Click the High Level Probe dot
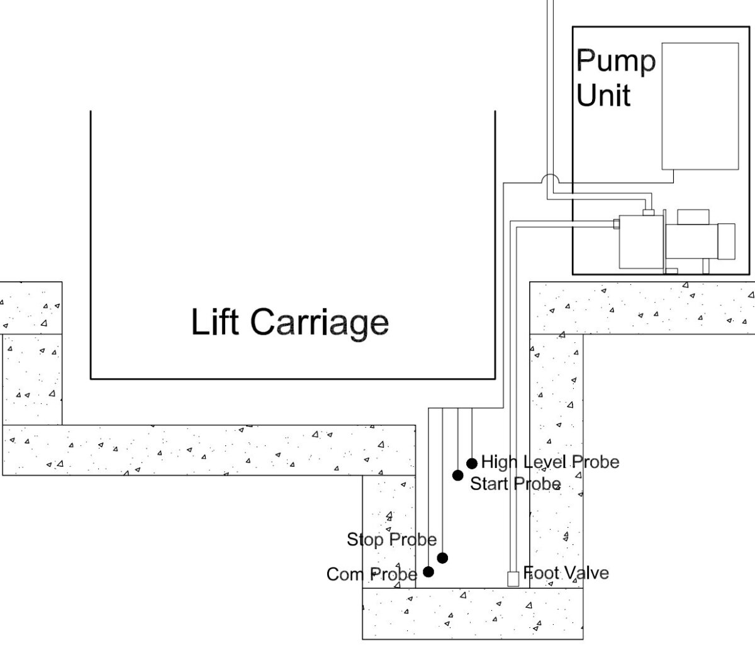[471, 464]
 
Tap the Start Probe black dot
[458, 475]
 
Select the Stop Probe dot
[442, 557]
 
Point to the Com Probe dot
[428, 571]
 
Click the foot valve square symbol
[513, 578]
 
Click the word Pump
[615, 62]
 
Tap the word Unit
[603, 96]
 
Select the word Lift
[216, 321]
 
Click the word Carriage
[319, 323]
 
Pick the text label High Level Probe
[550, 462]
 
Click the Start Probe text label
[515, 484]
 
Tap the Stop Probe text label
[391, 539]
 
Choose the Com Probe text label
[372, 574]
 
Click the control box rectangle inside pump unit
[700, 106]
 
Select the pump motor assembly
[676, 242]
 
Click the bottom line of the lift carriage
[293, 379]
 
